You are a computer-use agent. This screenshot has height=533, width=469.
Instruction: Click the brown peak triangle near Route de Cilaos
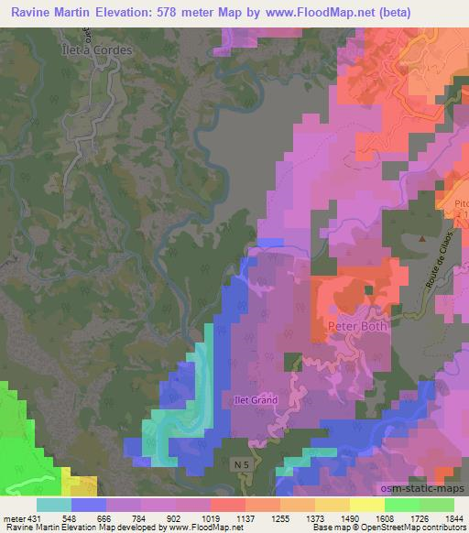point(421,238)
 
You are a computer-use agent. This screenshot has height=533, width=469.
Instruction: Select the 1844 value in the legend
point(454,517)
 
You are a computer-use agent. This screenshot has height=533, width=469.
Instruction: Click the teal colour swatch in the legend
point(54,505)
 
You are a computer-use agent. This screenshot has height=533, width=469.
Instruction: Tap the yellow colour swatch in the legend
point(366,505)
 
